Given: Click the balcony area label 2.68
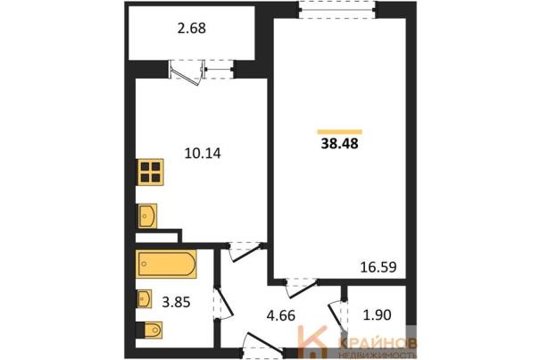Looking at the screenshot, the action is pyautogui.click(x=192, y=29).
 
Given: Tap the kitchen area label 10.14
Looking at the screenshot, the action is pyautogui.click(x=203, y=153).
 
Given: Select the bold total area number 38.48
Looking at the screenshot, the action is pyautogui.click(x=339, y=144).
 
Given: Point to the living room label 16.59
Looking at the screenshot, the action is pyautogui.click(x=378, y=267).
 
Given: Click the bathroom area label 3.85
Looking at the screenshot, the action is pyautogui.click(x=176, y=303).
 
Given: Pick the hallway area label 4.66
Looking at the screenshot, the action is pyautogui.click(x=281, y=315).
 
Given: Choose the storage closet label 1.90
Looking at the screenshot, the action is pyautogui.click(x=377, y=314).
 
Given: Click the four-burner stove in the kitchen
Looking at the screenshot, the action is pyautogui.click(x=150, y=172).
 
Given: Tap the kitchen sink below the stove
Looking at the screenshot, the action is pyautogui.click(x=147, y=216).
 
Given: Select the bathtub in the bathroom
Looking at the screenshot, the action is pyautogui.click(x=166, y=264).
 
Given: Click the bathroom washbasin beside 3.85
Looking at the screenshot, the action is pyautogui.click(x=145, y=298).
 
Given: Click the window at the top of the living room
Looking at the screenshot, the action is pyautogui.click(x=337, y=10).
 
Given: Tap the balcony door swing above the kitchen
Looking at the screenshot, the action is pyautogui.click(x=186, y=72).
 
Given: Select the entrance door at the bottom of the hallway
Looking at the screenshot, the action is pyautogui.click(x=262, y=346).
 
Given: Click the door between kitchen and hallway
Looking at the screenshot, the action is pyautogui.click(x=245, y=252).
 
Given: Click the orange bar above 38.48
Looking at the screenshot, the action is pyautogui.click(x=339, y=131).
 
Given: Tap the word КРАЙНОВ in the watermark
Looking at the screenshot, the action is pyautogui.click(x=378, y=343).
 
